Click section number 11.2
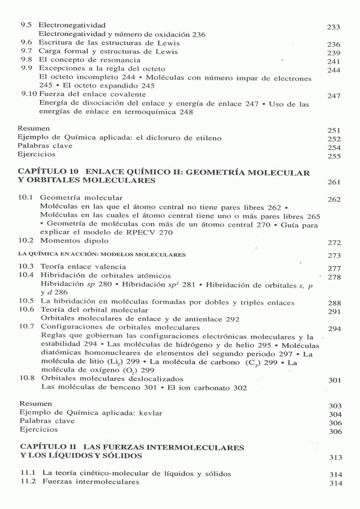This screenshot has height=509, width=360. tap(28, 482)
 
